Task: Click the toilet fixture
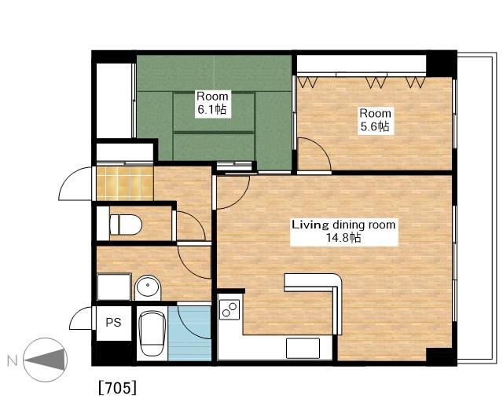(126, 225)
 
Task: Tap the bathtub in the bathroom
(152, 334)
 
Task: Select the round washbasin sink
(148, 287)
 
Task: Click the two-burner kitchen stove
(229, 309)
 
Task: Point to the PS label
(113, 322)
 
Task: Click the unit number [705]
(117, 388)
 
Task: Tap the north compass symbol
(46, 360)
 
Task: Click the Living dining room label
(343, 225)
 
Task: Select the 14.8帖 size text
(343, 238)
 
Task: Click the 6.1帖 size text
(212, 110)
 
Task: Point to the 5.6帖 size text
(375, 126)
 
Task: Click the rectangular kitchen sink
(303, 348)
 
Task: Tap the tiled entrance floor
(125, 183)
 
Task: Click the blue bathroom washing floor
(189, 334)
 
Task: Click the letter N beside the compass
(13, 361)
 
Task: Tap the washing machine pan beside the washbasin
(114, 287)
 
